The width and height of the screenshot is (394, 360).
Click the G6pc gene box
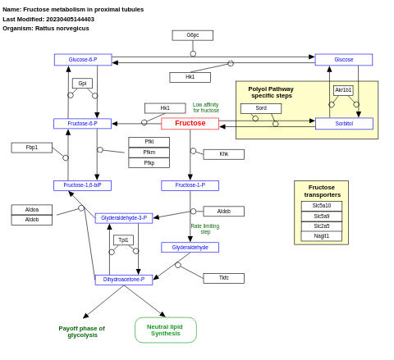click(192, 35)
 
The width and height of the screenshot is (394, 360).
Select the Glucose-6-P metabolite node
click(83, 60)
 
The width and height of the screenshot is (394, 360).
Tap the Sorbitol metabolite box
click(344, 124)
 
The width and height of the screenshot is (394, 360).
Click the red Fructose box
click(190, 124)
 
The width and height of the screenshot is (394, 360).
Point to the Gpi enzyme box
click(82, 84)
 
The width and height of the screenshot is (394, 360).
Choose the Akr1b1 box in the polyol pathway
click(343, 90)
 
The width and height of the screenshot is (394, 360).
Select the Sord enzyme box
click(260, 108)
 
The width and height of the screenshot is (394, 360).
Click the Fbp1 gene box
click(31, 148)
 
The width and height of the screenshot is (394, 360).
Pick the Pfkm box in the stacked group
click(149, 153)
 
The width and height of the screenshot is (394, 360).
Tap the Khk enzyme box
click(223, 154)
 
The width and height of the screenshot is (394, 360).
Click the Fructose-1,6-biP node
click(82, 185)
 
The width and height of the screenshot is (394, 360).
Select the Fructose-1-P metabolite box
click(190, 185)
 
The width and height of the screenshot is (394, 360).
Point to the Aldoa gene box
click(31, 210)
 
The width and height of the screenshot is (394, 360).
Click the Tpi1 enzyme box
click(123, 240)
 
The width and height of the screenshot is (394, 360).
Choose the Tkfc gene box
click(223, 278)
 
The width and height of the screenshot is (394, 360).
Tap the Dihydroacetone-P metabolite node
click(123, 280)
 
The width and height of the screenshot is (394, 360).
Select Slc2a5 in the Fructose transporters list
click(321, 226)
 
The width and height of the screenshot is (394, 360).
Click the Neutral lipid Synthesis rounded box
click(165, 330)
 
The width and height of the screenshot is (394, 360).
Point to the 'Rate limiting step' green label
click(205, 229)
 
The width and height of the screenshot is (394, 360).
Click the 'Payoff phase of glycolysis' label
click(81, 331)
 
